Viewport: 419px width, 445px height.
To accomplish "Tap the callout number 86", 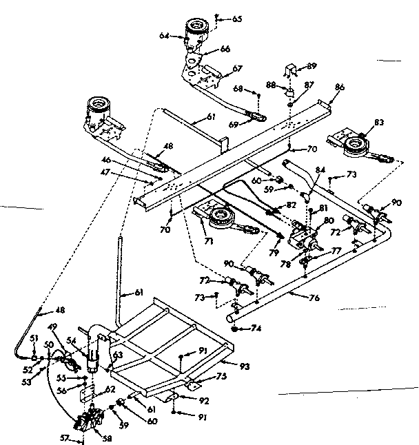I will [339, 88].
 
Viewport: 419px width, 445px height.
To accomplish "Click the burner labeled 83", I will [356, 144].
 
